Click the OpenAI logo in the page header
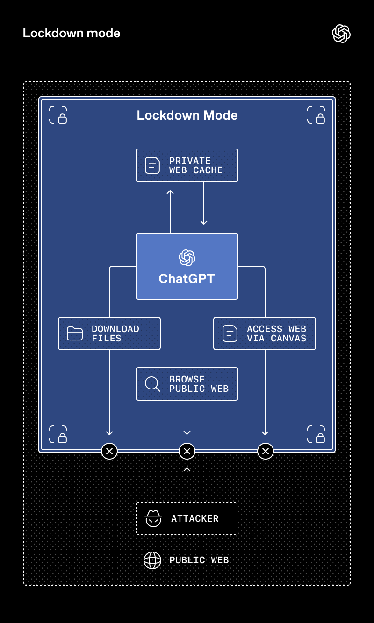point(341,34)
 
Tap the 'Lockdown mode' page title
point(72,33)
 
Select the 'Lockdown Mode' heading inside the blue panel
point(187,115)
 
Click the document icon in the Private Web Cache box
point(152,165)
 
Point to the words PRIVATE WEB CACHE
point(196,165)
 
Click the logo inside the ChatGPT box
point(187,257)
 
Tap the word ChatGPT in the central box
point(187,278)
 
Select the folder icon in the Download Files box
point(75,333)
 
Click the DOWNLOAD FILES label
point(115,333)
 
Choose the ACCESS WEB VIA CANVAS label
point(277,333)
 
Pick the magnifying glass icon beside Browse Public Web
point(152,384)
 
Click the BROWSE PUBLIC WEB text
point(199,384)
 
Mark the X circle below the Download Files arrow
point(109,451)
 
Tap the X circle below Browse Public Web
point(187,451)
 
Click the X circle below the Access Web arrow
point(266,451)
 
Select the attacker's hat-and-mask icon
point(153,518)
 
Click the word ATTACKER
point(195,519)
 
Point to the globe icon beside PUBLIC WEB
point(152,560)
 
